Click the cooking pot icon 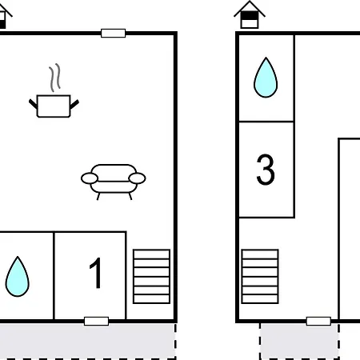coord(54,106)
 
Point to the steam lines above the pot coord(54,78)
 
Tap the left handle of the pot coord(33,104)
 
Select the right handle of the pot coord(74,104)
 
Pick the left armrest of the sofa coord(90,178)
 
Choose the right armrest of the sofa coord(137,178)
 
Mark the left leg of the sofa coord(98,197)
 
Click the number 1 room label coord(96,273)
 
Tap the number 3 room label coord(266,170)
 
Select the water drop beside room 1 coord(18,277)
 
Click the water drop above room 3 coord(266,78)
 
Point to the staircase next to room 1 coord(151,277)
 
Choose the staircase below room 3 coord(260,277)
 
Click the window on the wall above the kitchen coord(114,34)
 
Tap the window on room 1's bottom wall coord(96,322)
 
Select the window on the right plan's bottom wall coord(318,322)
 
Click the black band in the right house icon coord(250,16)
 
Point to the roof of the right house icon coord(250,9)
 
